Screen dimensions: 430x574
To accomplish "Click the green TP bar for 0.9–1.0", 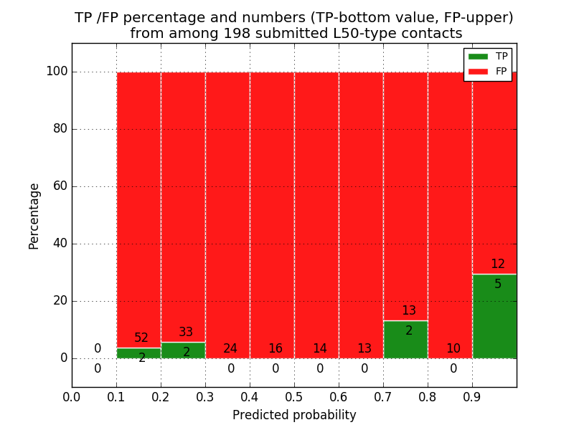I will [x=494, y=316].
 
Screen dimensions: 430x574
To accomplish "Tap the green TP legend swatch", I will [x=478, y=56].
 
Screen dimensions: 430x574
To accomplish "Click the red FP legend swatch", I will [x=478, y=71].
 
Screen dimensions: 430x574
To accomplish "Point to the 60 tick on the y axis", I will [x=72, y=186].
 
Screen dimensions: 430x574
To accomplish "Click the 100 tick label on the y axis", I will [x=57, y=72].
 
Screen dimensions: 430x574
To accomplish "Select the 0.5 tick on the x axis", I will [x=294, y=387].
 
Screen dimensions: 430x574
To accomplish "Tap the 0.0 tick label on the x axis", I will [x=72, y=397].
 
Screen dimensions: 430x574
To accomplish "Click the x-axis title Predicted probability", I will [x=294, y=415].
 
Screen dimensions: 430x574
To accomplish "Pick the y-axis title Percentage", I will [x=34, y=216].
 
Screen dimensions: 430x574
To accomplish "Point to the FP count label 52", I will [x=141, y=338].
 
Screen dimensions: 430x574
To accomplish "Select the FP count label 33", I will [x=186, y=333].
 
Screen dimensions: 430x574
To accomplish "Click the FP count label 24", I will [x=230, y=349].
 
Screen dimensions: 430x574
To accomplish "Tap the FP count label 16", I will [x=275, y=349].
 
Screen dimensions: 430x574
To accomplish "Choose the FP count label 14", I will [x=319, y=349].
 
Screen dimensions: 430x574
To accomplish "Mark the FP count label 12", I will [x=498, y=264].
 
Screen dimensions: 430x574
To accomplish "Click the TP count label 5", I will [x=498, y=285].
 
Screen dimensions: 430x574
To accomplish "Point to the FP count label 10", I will [x=453, y=349].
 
